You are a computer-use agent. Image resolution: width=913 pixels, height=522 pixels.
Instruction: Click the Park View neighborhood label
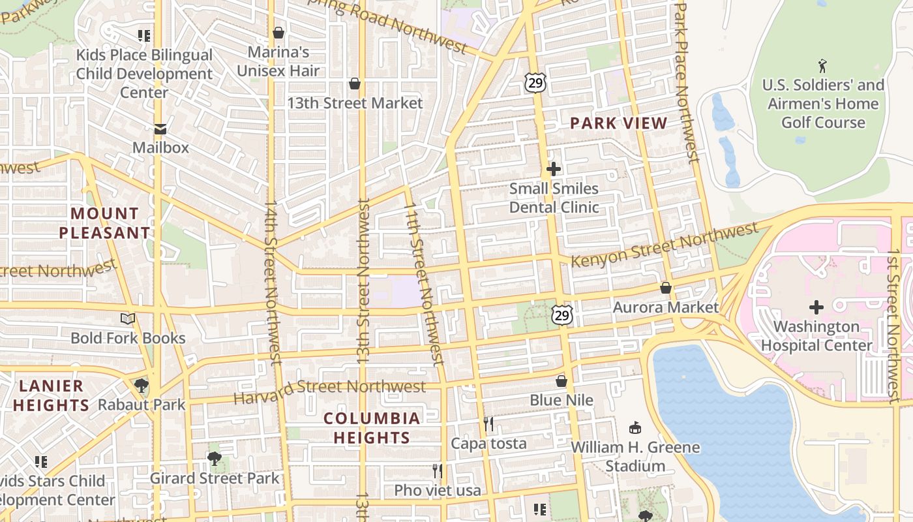pos(618,123)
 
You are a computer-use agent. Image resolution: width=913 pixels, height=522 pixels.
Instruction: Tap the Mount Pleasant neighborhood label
pos(104,223)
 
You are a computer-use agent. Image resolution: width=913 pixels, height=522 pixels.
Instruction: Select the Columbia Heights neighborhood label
pos(372,427)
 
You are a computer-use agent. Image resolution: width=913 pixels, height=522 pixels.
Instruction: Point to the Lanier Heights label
pos(51,395)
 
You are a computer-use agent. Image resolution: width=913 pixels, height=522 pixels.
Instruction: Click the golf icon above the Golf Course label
pos(822,66)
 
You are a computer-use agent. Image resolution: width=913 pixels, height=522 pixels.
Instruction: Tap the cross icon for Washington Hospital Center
pos(816,307)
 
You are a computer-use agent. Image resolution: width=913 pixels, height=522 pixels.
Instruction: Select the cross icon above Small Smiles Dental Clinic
pos(553,170)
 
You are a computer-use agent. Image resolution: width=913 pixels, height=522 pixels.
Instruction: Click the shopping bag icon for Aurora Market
pos(666,288)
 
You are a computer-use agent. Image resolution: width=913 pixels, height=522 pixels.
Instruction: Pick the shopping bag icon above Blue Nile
pos(561,381)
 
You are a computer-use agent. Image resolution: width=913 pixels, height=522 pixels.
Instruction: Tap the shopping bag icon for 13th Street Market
pos(355,84)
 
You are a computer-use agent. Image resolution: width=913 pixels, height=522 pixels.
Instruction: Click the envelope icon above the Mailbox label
pos(160,129)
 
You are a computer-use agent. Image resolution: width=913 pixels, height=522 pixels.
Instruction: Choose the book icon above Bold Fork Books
pos(128,319)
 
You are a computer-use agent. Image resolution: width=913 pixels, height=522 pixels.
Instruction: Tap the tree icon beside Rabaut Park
pos(141,386)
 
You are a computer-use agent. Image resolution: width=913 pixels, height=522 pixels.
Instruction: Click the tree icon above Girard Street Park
pos(215,459)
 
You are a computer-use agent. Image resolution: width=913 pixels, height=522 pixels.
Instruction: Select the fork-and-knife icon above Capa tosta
pos(488,424)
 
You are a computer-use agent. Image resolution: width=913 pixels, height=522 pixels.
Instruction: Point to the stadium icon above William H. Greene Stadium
pos(635,428)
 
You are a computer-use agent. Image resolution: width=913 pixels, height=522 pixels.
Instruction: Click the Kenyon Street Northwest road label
pos(665,245)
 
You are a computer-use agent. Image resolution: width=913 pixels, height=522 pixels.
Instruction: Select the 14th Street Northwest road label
pos(273,281)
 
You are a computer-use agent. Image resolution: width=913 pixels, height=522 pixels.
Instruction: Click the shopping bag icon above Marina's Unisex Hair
pos(278,33)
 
